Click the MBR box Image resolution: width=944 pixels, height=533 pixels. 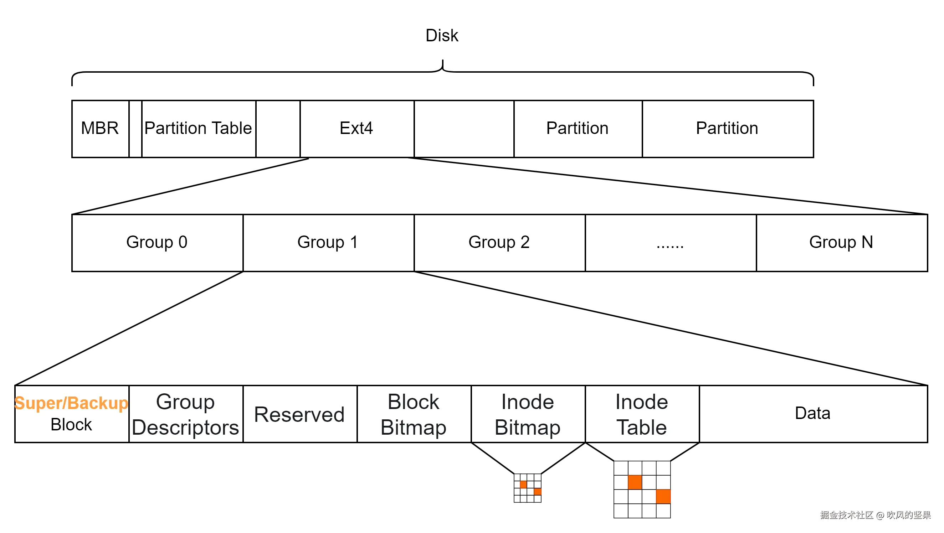(x=100, y=129)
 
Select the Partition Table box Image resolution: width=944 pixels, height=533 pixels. (x=198, y=129)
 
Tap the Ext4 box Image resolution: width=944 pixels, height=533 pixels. (x=356, y=129)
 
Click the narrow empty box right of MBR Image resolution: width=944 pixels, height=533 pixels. (x=135, y=129)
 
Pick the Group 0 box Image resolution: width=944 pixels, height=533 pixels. (x=157, y=243)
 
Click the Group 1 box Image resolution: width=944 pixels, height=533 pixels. (x=328, y=243)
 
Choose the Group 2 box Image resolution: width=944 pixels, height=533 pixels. (x=499, y=243)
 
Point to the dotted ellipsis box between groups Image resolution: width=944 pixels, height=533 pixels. (x=670, y=243)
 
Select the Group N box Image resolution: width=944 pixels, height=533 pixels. (x=841, y=243)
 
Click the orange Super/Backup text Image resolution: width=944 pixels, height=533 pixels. (x=71, y=403)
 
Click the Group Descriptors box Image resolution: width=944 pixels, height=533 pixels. (x=186, y=414)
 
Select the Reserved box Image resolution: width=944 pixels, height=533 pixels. (x=300, y=414)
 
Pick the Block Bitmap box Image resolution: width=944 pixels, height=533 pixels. (x=414, y=414)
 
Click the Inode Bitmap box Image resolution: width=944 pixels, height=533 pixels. (x=528, y=414)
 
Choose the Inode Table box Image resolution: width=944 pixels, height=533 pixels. (x=642, y=414)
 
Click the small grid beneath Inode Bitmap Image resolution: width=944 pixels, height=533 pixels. (x=527, y=488)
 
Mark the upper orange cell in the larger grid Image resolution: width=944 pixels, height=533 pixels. (x=635, y=482)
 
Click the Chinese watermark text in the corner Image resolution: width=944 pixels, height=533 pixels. (x=875, y=515)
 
